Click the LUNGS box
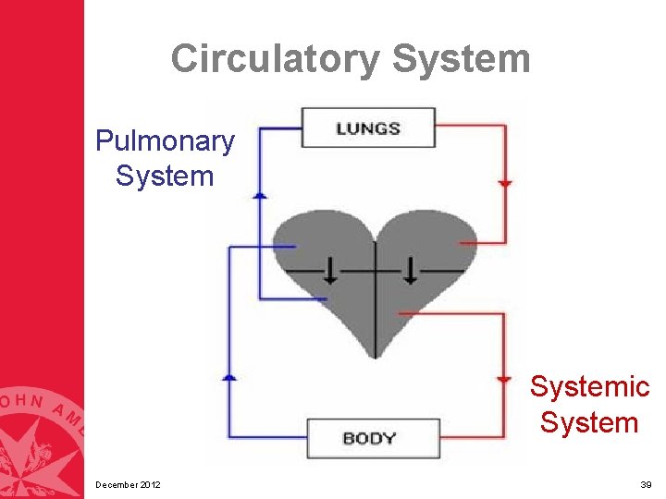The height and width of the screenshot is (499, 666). pos(367,128)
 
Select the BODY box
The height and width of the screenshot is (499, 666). pos(373,437)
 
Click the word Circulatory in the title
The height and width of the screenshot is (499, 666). pos(275,59)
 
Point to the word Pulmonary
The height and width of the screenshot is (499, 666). pos(165,141)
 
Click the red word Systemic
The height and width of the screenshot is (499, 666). pos(589,386)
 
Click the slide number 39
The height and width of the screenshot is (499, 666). pos(646,485)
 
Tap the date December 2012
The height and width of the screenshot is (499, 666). pos(128,485)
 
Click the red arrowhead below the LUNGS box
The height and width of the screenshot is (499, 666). pos(504,184)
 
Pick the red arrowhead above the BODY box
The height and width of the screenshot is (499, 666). pos(504,380)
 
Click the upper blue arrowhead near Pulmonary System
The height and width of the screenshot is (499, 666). pos(260,194)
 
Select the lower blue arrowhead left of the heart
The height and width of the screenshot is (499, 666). pos(229,376)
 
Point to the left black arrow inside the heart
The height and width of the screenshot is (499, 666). pos(329,271)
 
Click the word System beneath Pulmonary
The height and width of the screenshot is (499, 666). pos(165,176)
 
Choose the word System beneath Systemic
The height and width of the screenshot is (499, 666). pos(589,422)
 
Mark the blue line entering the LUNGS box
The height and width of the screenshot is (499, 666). pos(280,128)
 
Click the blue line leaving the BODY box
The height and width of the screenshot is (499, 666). pos(268,437)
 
